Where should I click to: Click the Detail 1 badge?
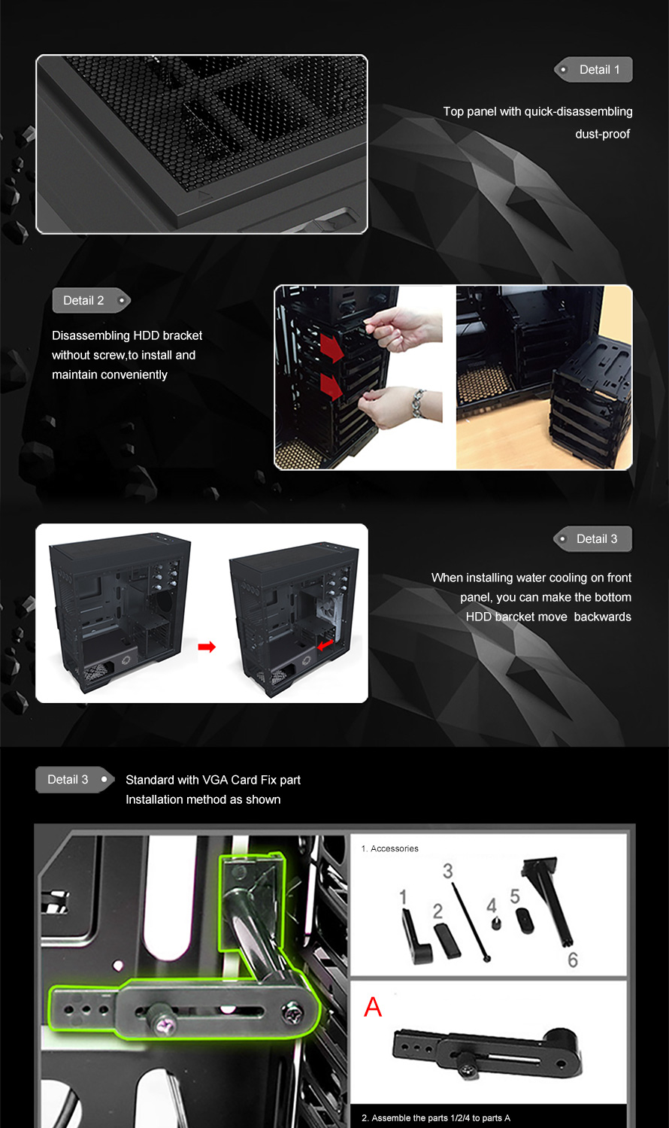click(593, 69)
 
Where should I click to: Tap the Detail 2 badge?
click(92, 301)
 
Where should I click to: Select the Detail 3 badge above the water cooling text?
click(592, 539)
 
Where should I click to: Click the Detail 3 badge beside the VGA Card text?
click(75, 780)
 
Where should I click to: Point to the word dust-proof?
click(602, 134)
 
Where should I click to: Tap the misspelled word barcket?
click(516, 617)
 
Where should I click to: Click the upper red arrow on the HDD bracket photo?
click(332, 347)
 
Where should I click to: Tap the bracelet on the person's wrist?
click(418, 403)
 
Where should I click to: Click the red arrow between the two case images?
click(207, 647)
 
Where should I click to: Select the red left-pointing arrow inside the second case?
click(325, 644)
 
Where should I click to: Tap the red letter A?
click(373, 1007)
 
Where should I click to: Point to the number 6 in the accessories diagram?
click(573, 960)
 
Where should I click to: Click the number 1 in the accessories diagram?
click(403, 897)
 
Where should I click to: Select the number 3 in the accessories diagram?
click(447, 871)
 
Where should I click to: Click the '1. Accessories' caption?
click(389, 848)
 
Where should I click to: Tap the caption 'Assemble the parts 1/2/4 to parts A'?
click(436, 1118)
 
